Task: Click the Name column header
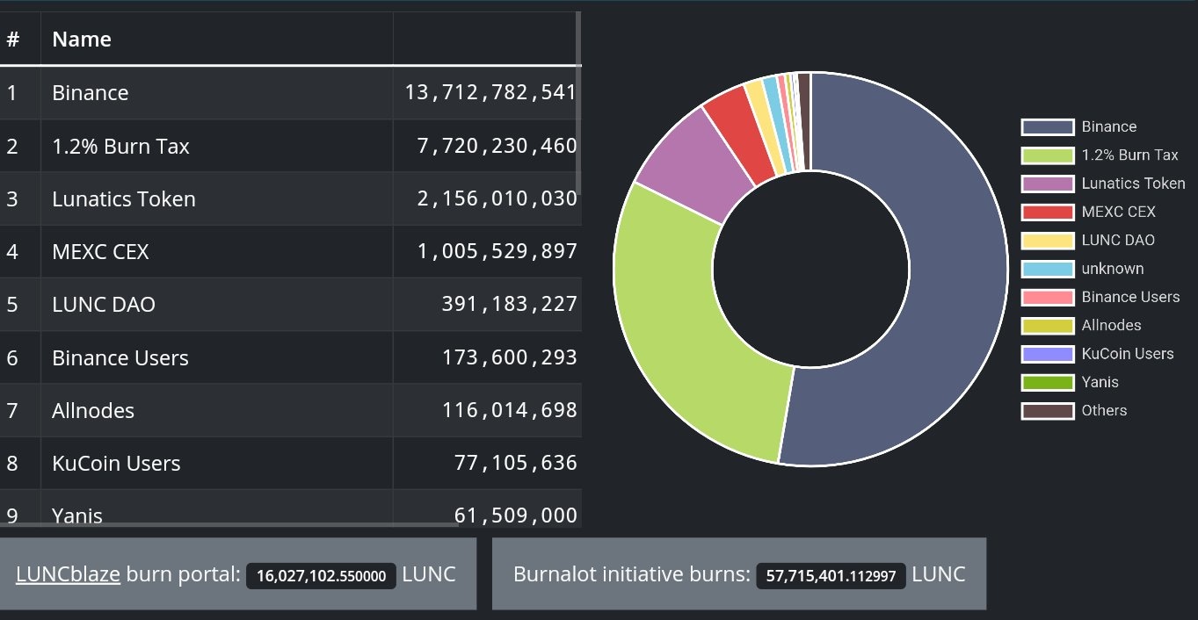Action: pos(82,40)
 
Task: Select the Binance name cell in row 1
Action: pos(91,93)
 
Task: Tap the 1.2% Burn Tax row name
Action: pos(120,147)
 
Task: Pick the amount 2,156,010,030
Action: pos(497,199)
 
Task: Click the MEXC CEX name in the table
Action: pos(100,252)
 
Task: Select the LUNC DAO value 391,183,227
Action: pos(509,305)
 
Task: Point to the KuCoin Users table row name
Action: pos(116,464)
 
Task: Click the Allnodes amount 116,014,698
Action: pos(509,411)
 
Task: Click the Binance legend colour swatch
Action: pos(1047,127)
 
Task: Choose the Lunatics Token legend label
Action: pos(1133,184)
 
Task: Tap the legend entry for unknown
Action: pos(1112,269)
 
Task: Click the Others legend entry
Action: pos(1104,410)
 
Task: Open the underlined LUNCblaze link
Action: pos(68,574)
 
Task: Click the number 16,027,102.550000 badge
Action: pos(321,576)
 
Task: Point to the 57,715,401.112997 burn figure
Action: pos(831,576)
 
